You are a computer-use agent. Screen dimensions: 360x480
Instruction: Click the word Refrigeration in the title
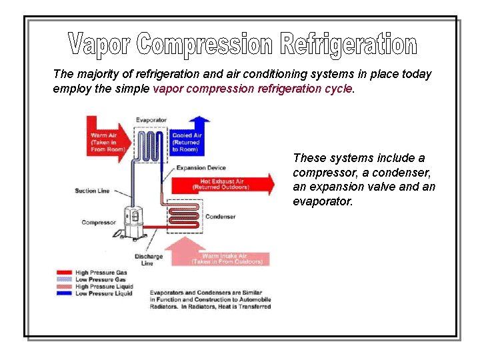[349, 45]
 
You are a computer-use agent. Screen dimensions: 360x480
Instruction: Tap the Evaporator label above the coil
[151, 120]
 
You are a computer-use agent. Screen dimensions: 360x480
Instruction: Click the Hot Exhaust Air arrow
[223, 184]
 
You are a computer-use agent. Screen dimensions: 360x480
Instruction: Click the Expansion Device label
[201, 168]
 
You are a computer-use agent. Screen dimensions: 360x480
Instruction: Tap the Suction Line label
[92, 191]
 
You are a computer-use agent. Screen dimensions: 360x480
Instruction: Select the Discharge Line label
[148, 260]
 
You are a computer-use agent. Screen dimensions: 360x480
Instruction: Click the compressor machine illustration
[133, 221]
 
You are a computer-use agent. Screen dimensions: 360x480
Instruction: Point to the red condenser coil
[184, 216]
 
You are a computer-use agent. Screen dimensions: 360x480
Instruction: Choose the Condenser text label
[220, 217]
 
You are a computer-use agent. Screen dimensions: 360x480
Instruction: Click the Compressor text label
[99, 223]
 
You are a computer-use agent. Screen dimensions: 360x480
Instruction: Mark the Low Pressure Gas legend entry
[97, 279]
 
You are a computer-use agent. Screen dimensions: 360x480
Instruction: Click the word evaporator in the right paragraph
[323, 201]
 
